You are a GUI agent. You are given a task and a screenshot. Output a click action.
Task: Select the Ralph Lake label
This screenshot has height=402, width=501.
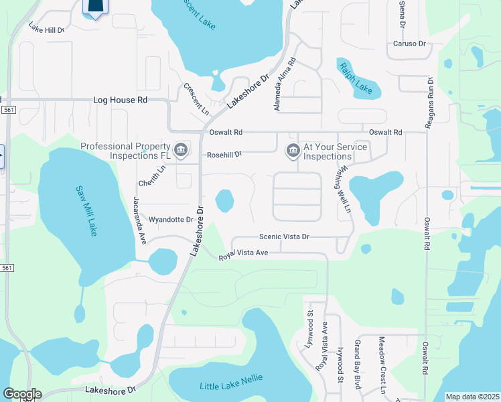(x=355, y=78)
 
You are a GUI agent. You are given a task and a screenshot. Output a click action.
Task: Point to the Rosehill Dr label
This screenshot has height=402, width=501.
(x=224, y=155)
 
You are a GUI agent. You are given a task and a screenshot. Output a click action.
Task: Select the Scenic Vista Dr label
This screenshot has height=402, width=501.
(x=285, y=237)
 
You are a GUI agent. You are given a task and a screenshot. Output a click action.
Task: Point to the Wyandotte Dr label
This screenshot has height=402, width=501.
(x=170, y=219)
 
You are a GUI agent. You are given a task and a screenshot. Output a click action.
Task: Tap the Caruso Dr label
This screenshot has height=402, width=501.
(x=409, y=44)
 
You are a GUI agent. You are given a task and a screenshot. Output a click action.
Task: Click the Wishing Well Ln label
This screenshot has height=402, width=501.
(x=344, y=189)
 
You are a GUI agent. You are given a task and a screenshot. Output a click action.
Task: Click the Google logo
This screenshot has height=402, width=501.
(x=22, y=394)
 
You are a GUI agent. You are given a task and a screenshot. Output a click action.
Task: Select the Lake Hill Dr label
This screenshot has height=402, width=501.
(x=46, y=29)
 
